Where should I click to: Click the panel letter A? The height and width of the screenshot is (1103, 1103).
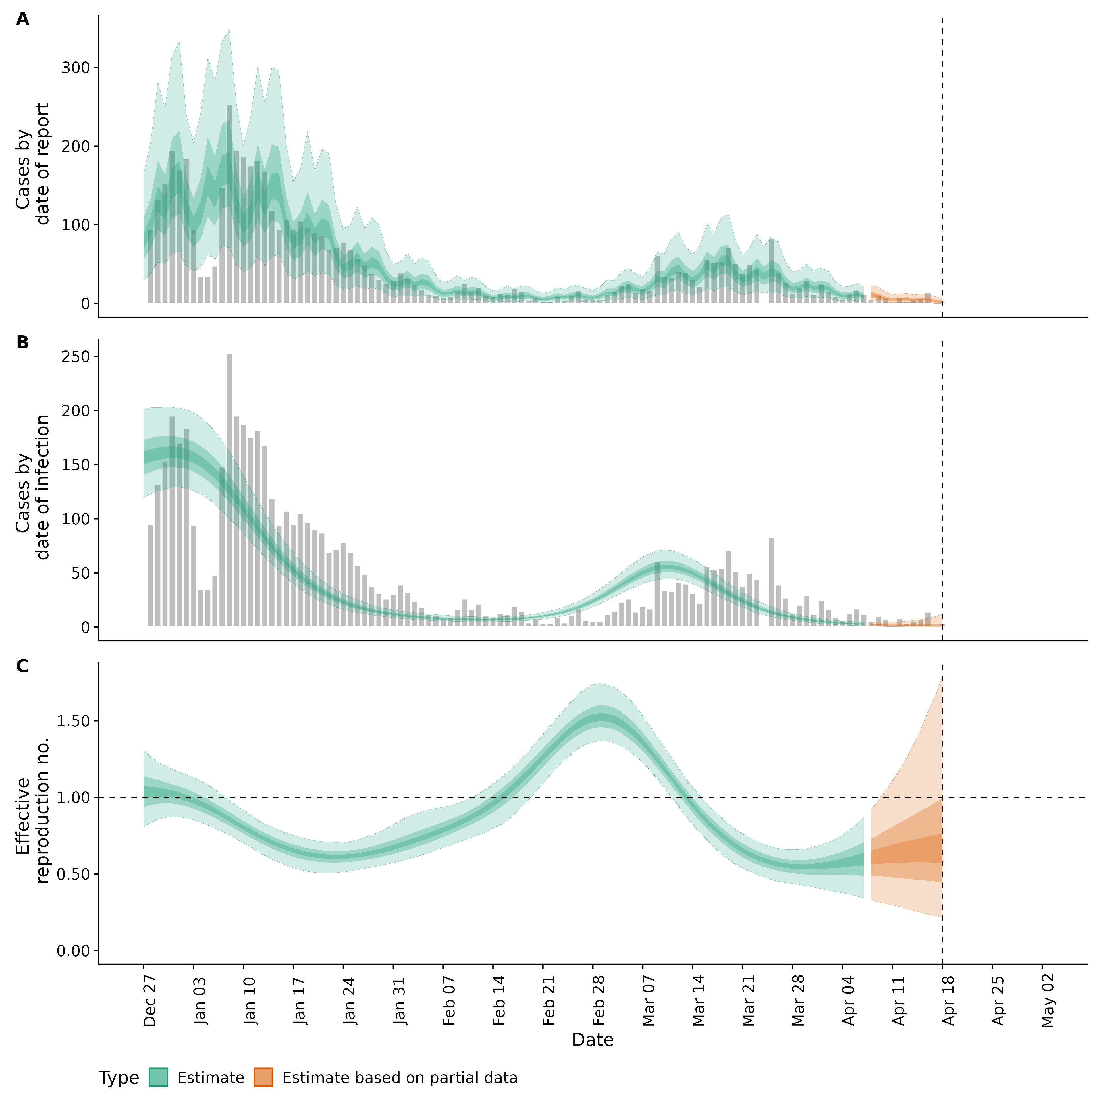coord(22,20)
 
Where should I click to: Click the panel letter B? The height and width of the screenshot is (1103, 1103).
coord(22,343)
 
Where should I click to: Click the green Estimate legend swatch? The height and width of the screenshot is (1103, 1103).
coord(158,1077)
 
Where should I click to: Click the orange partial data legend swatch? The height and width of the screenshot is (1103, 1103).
coord(264,1077)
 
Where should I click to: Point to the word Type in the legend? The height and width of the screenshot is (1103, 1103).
coord(119,1078)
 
